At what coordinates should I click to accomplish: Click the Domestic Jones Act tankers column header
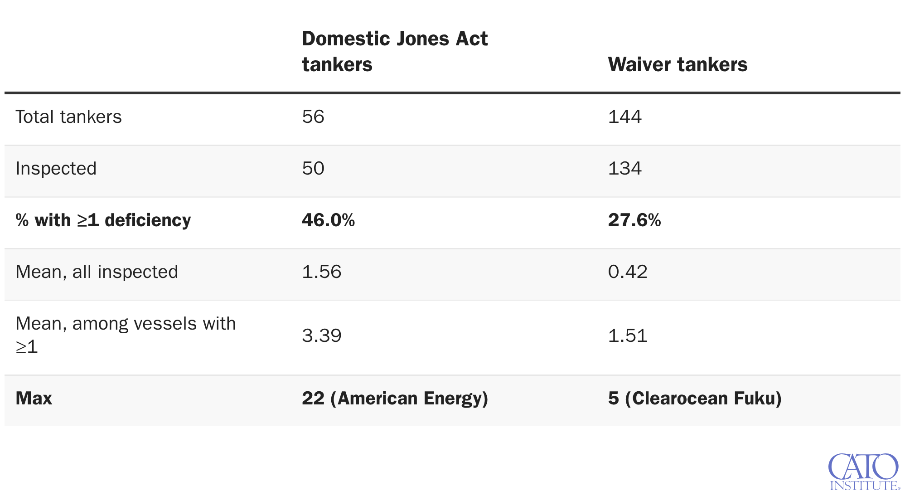click(x=395, y=51)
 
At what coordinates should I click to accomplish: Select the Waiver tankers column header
click(x=678, y=64)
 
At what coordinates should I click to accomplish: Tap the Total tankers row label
click(x=68, y=117)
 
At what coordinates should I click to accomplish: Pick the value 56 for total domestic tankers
click(x=313, y=117)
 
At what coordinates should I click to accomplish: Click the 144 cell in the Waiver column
click(x=625, y=117)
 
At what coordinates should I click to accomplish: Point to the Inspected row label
click(x=56, y=169)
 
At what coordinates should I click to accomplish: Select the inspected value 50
click(x=313, y=169)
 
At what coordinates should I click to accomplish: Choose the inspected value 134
click(x=625, y=169)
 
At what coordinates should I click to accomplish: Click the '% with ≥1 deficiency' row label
click(x=103, y=220)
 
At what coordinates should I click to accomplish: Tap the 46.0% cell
click(x=329, y=220)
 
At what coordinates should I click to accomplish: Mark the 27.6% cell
click(x=634, y=220)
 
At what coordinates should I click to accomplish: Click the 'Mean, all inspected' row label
click(x=97, y=272)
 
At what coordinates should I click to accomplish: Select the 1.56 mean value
click(x=321, y=272)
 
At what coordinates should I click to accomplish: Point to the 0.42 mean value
click(x=628, y=272)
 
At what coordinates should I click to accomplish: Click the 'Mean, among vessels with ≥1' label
click(x=126, y=335)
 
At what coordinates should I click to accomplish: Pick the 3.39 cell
click(x=321, y=336)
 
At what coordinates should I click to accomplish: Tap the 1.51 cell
click(x=628, y=336)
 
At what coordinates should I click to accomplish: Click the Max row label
click(x=34, y=399)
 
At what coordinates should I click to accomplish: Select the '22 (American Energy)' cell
click(x=395, y=399)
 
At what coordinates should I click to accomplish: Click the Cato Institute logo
click(x=864, y=472)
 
